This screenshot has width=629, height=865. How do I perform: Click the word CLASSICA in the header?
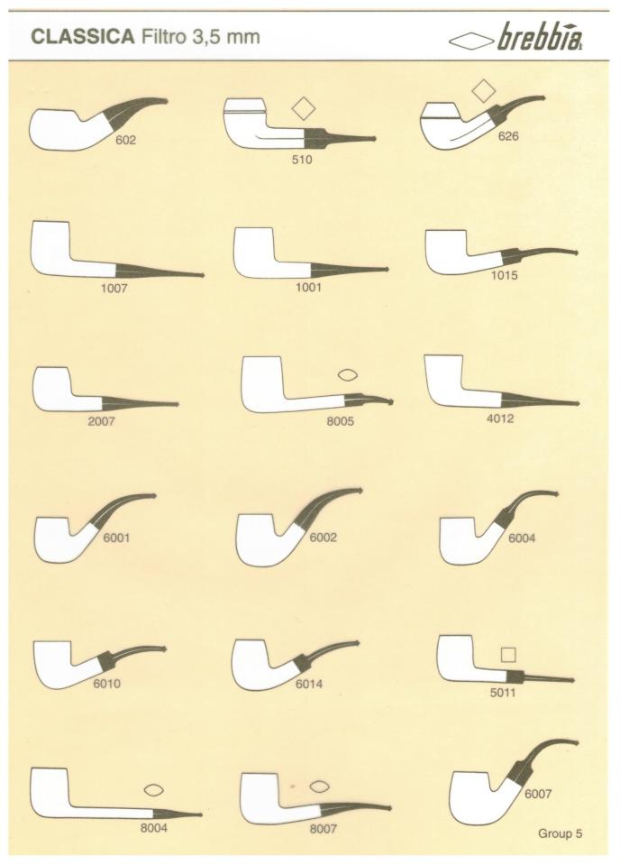83,37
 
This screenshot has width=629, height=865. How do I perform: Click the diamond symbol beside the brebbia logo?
471,41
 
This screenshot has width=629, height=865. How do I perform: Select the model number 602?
125,140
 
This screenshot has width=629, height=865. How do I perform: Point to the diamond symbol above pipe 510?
303,108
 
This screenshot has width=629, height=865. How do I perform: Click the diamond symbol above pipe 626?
483,90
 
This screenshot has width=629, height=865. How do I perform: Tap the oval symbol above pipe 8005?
347,375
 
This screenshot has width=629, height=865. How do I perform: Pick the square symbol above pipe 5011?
508,654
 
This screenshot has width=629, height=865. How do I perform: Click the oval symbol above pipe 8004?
154,790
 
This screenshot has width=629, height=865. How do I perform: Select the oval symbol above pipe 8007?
319,787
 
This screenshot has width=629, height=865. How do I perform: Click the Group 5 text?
561,833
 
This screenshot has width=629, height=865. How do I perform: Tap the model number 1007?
114,288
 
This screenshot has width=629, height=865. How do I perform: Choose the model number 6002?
323,538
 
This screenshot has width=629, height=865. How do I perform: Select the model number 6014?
309,684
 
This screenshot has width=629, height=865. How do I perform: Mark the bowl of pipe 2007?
53,389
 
